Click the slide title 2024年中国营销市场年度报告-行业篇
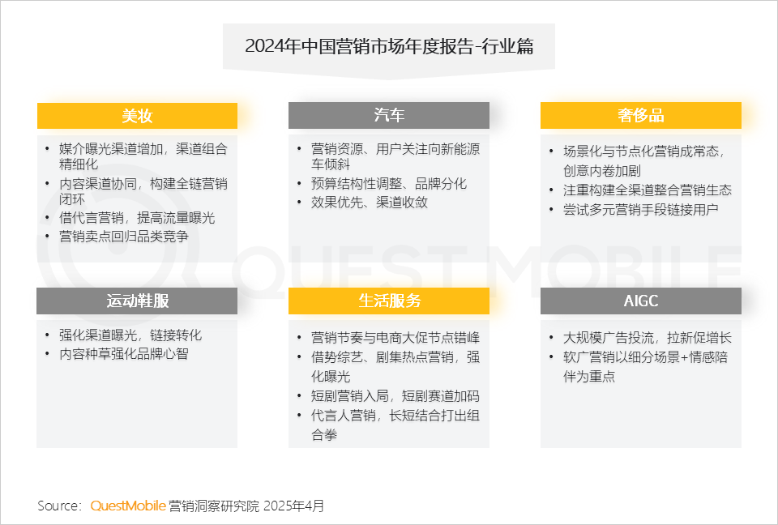point(389,46)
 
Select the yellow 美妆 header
point(138,116)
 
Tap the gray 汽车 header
point(389,115)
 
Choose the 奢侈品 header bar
point(640,115)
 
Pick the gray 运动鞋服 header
point(137,301)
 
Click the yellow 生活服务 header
point(389,301)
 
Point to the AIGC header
point(640,301)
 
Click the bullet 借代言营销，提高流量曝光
point(137,218)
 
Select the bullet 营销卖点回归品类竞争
point(124,237)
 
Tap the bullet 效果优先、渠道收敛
point(370,202)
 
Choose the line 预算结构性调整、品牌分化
point(389,184)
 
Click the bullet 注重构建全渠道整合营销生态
point(648,190)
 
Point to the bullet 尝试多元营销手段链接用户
point(640,209)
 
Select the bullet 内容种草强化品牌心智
point(124,354)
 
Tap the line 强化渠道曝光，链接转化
point(130,335)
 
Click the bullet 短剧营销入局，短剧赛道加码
point(395,396)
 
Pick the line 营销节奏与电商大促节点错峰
point(395,337)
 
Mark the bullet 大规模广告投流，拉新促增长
point(648,337)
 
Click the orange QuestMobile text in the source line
point(128,506)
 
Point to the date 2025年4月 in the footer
point(293,506)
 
